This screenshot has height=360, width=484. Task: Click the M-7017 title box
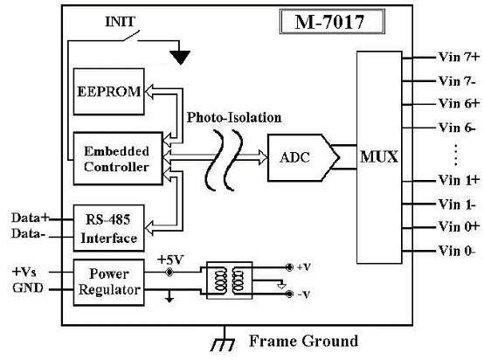[x=332, y=21]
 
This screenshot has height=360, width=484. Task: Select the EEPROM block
[x=108, y=92]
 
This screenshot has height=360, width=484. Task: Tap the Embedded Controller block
[x=118, y=159]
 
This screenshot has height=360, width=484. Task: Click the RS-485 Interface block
[x=108, y=228]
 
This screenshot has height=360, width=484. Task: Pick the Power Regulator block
[x=108, y=282]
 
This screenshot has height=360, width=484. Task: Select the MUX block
[x=379, y=157]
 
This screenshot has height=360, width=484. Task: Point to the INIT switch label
[x=120, y=22]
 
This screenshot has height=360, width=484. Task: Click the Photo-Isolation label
[x=234, y=118]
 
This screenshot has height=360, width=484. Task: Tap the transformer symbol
[x=230, y=280]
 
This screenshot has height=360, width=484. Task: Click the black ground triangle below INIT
[x=180, y=58]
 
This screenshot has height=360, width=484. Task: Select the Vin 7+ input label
[x=459, y=57]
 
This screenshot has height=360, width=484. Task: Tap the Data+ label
[x=31, y=218]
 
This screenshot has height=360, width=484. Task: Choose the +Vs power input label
[x=24, y=272]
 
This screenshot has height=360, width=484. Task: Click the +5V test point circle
[x=169, y=273]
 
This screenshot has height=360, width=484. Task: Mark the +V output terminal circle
[x=289, y=267]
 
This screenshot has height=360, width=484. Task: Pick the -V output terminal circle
[x=289, y=294]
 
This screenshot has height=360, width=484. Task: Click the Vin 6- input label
[x=457, y=128]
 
